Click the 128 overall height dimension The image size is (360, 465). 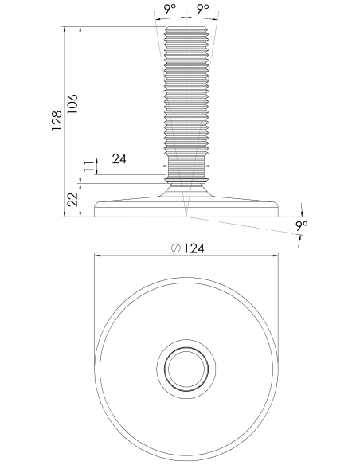(x=57, y=121)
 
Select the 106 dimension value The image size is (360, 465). (x=72, y=104)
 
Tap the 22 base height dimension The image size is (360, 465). (x=72, y=200)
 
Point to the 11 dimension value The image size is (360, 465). (x=88, y=166)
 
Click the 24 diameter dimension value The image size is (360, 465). (x=119, y=159)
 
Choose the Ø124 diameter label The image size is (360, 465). (x=188, y=248)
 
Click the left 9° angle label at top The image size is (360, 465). (x=170, y=9)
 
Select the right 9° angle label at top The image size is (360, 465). (x=203, y=9)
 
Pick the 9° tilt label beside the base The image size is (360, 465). (x=302, y=226)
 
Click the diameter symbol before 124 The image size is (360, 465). (x=176, y=248)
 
